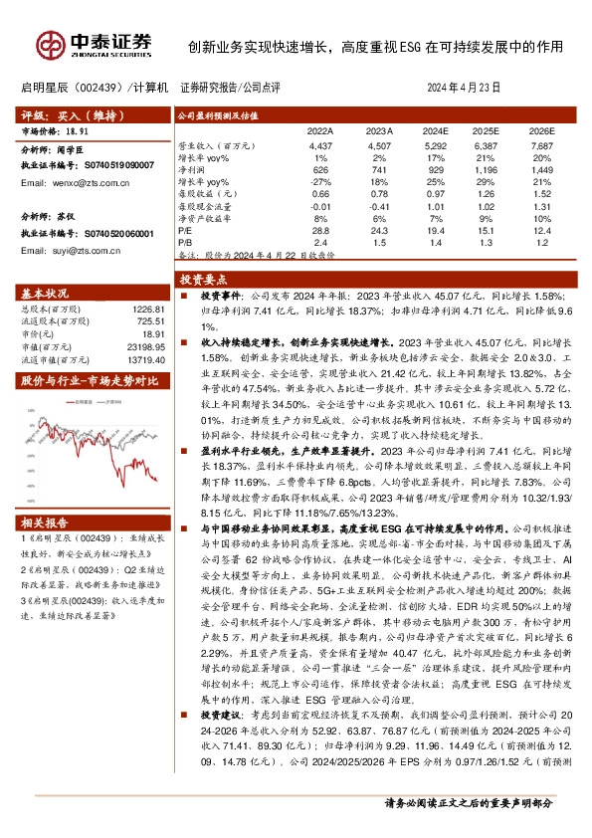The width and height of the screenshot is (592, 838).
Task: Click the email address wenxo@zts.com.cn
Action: pos(82,183)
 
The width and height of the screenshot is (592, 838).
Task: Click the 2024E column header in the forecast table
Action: pos(435,131)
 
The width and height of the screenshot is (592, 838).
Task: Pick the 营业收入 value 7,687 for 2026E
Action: pos(541,146)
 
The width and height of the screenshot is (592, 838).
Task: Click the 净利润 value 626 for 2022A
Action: pos(320,170)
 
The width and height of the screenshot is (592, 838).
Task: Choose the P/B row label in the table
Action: pos(184,241)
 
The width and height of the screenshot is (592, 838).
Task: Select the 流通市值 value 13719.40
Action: pos(139,359)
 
